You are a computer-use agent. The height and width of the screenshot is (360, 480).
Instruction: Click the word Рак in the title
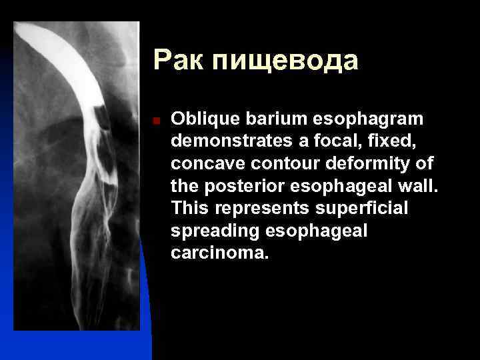pyautogui.click(x=179, y=61)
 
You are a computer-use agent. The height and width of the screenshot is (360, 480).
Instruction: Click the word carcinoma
pyautogui.click(x=219, y=253)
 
